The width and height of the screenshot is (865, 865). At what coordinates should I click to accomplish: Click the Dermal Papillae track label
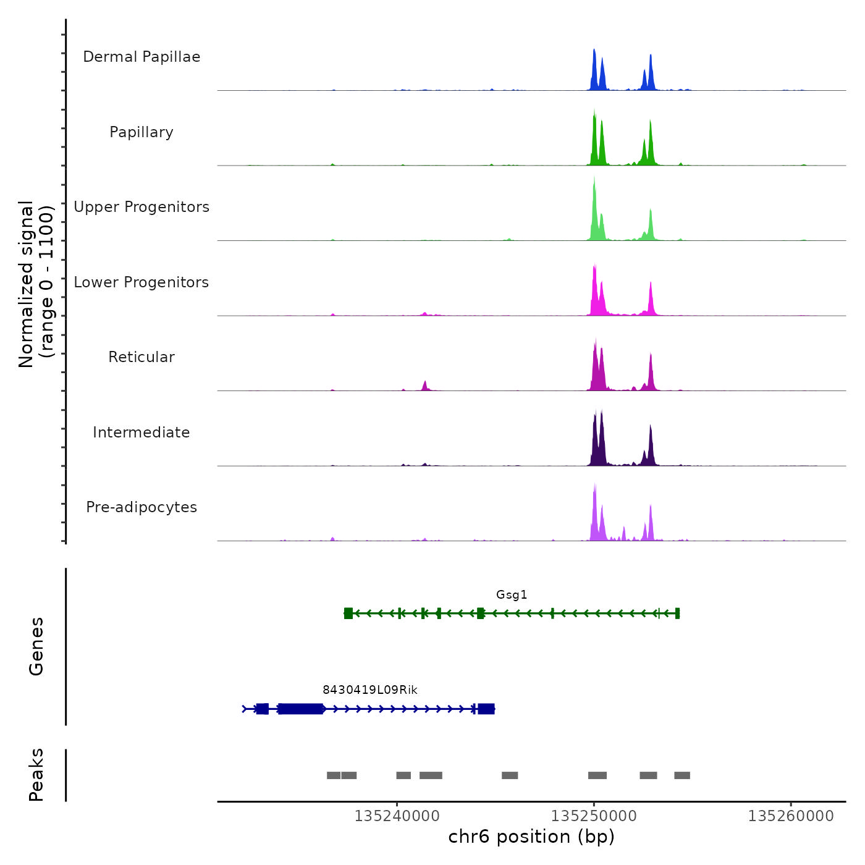(x=141, y=57)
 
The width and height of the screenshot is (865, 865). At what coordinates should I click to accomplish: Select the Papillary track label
(x=141, y=132)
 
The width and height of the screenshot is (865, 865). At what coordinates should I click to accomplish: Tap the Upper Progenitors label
(x=141, y=207)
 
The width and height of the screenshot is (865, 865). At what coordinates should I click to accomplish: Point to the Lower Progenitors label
(x=141, y=282)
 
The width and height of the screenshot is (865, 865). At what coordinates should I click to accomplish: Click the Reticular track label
(x=141, y=357)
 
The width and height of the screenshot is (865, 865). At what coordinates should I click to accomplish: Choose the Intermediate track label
(x=141, y=432)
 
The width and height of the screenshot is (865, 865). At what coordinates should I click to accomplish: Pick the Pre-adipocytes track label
(x=141, y=507)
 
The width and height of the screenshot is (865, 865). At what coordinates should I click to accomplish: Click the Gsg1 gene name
(x=512, y=595)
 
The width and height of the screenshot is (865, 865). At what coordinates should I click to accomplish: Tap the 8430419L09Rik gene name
(x=370, y=690)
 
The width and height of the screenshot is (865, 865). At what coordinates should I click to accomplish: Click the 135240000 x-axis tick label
(x=397, y=816)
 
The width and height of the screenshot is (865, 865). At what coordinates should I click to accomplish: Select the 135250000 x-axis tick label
(x=594, y=816)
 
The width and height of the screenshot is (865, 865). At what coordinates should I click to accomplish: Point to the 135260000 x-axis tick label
(x=791, y=816)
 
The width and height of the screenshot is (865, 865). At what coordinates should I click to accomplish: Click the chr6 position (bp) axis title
(x=531, y=837)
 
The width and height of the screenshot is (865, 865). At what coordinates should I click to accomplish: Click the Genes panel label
(x=36, y=646)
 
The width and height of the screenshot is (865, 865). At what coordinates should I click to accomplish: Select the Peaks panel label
(x=36, y=775)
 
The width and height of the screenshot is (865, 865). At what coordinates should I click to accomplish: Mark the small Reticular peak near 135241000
(x=425, y=386)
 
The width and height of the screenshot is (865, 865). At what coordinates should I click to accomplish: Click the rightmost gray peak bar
(x=682, y=775)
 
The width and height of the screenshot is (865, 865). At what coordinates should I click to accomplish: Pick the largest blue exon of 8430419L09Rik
(x=301, y=709)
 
